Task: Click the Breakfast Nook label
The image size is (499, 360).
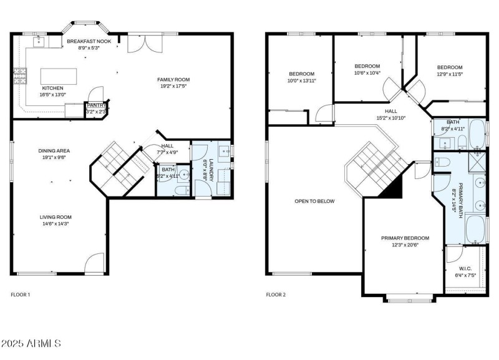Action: [89, 41]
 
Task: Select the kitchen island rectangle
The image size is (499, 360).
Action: [59, 76]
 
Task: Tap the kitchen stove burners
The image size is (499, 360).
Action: [20, 76]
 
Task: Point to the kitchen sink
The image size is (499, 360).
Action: [37, 41]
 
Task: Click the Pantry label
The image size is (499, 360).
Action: [95, 105]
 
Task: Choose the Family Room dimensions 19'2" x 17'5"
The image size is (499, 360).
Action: [173, 87]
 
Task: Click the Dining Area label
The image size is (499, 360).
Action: [54, 150]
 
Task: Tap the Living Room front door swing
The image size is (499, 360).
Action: [94, 263]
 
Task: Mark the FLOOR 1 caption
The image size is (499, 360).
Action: [20, 294]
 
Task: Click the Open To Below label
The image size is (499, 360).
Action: [314, 201]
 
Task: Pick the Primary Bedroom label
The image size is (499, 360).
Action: [405, 238]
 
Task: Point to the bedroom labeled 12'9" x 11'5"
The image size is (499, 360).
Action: [449, 67]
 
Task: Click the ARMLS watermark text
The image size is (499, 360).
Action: [31, 344]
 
